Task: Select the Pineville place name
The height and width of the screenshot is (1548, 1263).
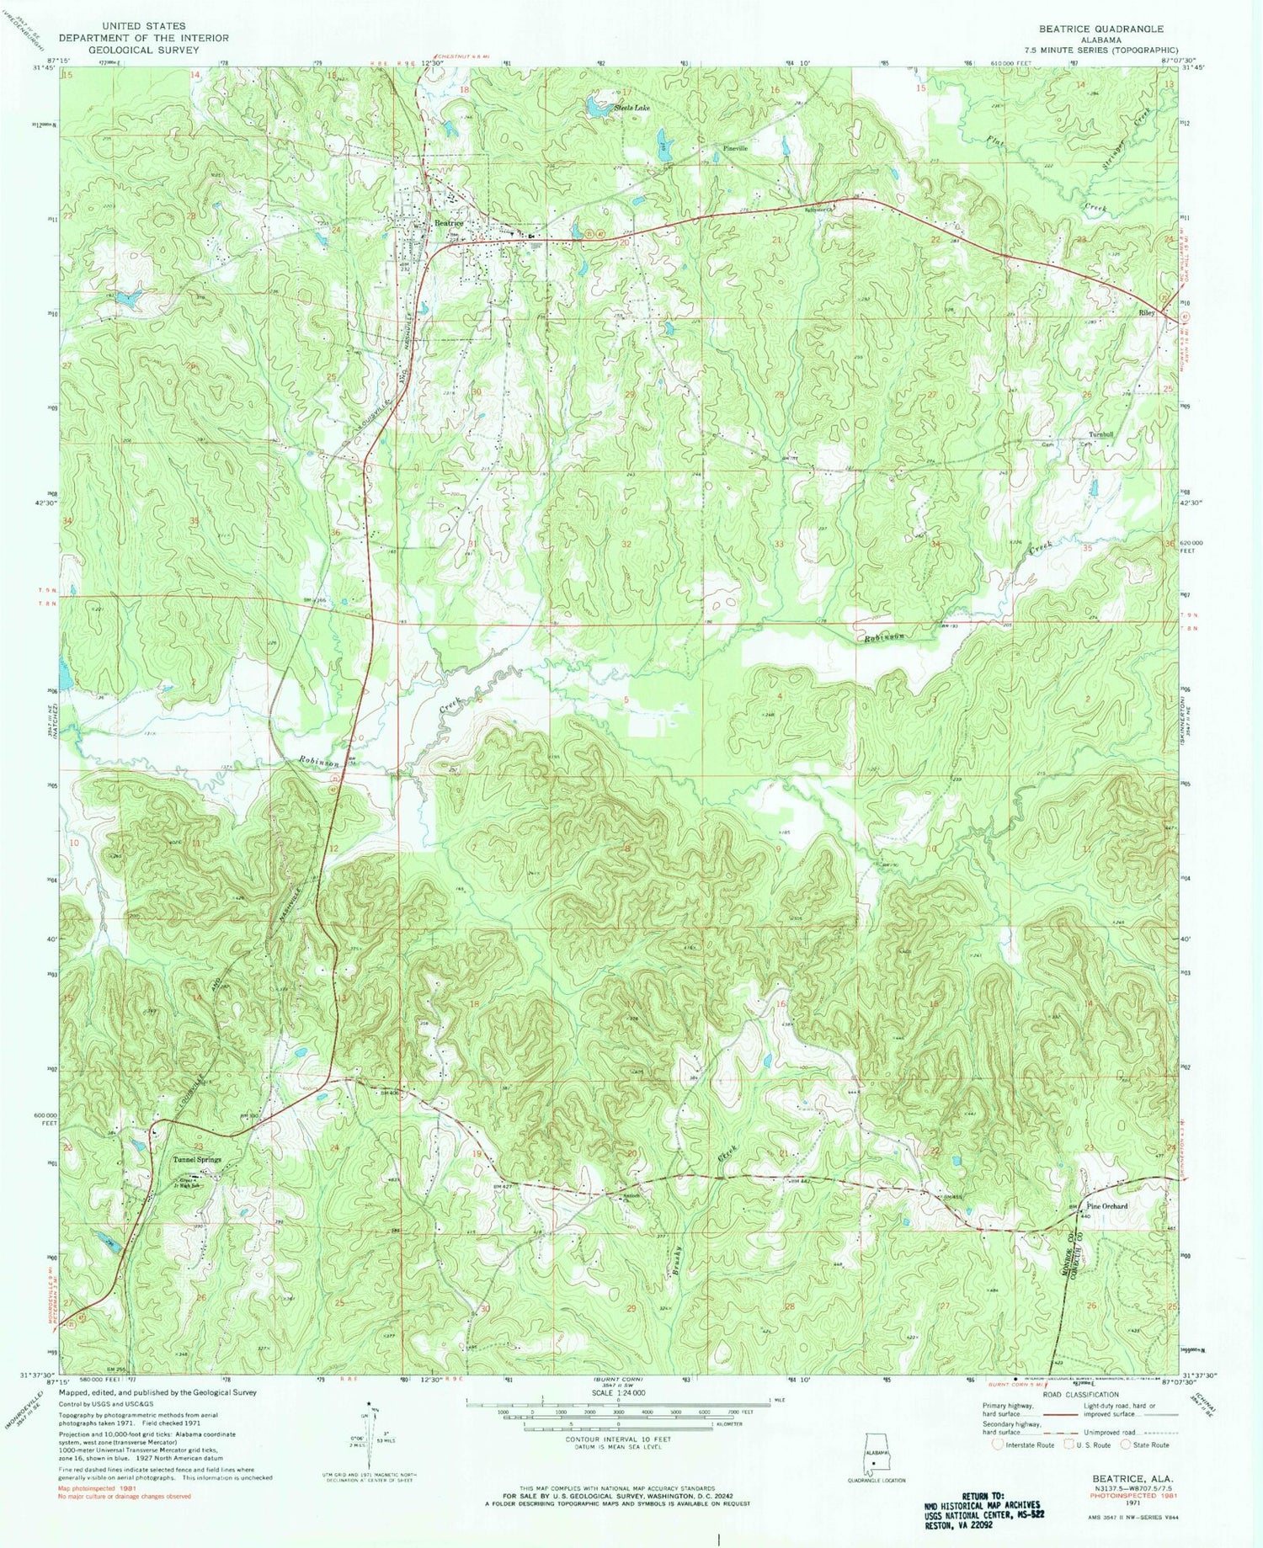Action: pyautogui.click(x=736, y=148)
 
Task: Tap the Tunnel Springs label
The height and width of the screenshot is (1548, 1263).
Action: pyautogui.click(x=197, y=1159)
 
